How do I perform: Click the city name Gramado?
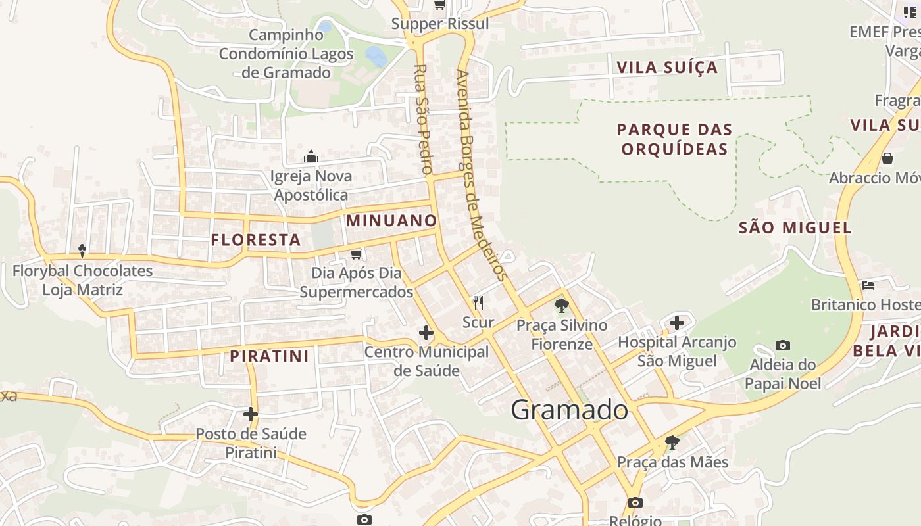click(570, 410)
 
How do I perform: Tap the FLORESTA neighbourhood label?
click(256, 240)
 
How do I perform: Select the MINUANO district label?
click(391, 220)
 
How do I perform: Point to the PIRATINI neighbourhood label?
click(269, 356)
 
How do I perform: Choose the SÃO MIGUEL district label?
click(795, 228)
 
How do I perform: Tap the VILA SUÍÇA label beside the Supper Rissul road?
click(667, 67)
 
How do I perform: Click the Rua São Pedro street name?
click(422, 118)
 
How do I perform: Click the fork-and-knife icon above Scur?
click(478, 303)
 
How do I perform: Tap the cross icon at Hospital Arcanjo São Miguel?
click(677, 323)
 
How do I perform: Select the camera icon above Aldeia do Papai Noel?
click(783, 345)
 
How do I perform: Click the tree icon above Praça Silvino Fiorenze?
click(562, 306)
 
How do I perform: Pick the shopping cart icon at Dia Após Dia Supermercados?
click(357, 254)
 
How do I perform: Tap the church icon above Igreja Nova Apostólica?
click(311, 156)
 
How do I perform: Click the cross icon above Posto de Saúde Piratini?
click(251, 414)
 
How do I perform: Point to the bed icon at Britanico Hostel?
click(868, 285)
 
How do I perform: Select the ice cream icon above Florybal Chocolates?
click(82, 251)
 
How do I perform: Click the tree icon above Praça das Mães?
click(672, 442)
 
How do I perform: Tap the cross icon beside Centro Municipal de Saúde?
click(426, 333)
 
